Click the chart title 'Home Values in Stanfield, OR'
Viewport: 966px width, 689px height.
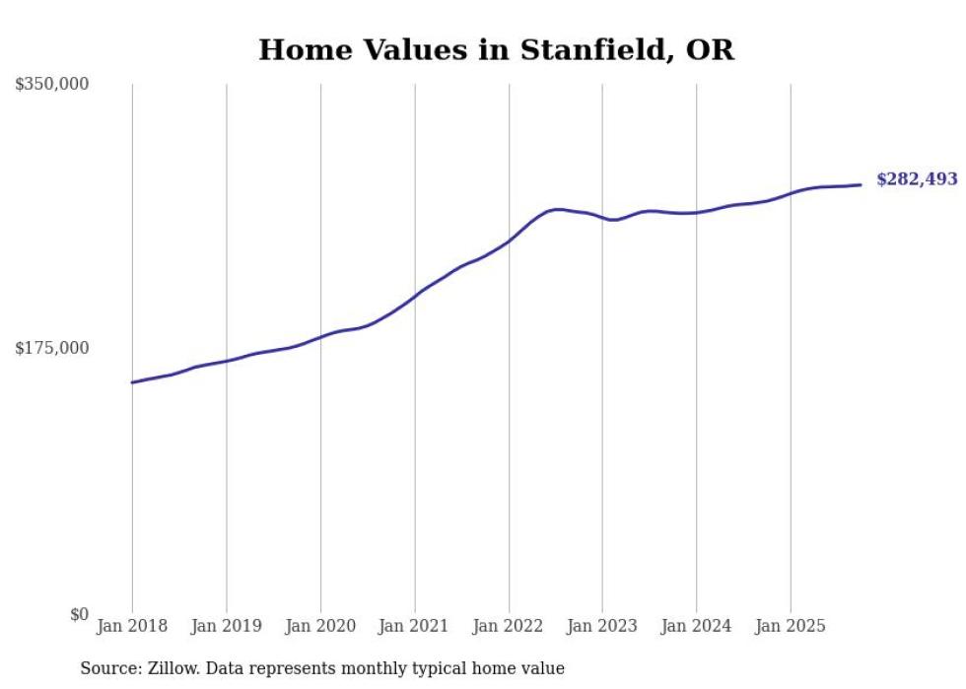(x=496, y=50)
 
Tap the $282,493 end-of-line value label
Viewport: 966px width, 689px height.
(x=916, y=179)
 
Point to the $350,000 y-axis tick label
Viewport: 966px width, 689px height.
(x=51, y=84)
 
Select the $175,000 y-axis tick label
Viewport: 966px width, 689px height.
(x=51, y=348)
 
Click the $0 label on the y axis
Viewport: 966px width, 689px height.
(x=79, y=614)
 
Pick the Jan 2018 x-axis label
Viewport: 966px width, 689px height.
(x=132, y=626)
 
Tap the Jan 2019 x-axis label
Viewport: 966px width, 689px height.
(x=227, y=626)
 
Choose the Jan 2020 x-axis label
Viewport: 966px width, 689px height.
(x=320, y=626)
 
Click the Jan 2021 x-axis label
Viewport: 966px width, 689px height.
(x=414, y=626)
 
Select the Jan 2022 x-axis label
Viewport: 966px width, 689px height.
(x=509, y=626)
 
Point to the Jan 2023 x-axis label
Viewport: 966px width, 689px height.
(x=602, y=626)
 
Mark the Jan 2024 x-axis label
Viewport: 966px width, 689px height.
(x=696, y=626)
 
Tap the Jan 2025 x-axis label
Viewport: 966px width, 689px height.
(x=790, y=626)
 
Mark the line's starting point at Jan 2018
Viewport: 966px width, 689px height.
(x=133, y=382)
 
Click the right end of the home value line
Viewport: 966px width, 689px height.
(x=861, y=184)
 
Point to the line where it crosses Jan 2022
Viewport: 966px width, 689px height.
(x=509, y=241)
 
